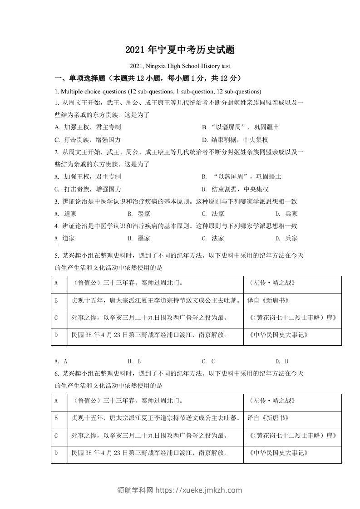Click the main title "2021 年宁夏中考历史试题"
coord(180,50)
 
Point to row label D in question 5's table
coord(56,335)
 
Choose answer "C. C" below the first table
coord(208,361)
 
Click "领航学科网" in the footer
coord(136,490)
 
